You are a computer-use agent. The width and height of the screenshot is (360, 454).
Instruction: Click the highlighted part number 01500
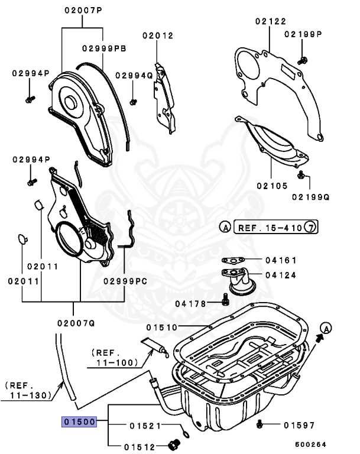point(78,422)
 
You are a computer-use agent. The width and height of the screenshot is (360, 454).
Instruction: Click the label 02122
point(270,21)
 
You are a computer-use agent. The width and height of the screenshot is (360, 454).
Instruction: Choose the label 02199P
point(303,34)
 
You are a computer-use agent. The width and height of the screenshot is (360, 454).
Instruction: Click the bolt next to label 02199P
point(303,59)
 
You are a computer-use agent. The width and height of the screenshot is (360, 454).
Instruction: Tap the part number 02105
point(272,186)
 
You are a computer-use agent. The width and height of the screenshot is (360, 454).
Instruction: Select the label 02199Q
point(310,196)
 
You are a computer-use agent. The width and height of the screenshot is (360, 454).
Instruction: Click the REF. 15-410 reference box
point(268,227)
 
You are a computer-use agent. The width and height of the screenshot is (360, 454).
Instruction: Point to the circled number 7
point(311,227)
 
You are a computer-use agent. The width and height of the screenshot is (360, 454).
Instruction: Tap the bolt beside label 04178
point(225,303)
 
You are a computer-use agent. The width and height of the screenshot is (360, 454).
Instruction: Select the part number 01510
point(162,327)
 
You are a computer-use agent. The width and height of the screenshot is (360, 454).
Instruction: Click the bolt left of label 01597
point(260,424)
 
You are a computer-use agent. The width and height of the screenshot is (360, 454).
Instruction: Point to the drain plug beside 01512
point(174,444)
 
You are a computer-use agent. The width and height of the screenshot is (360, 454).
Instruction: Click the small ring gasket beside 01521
point(187,434)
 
